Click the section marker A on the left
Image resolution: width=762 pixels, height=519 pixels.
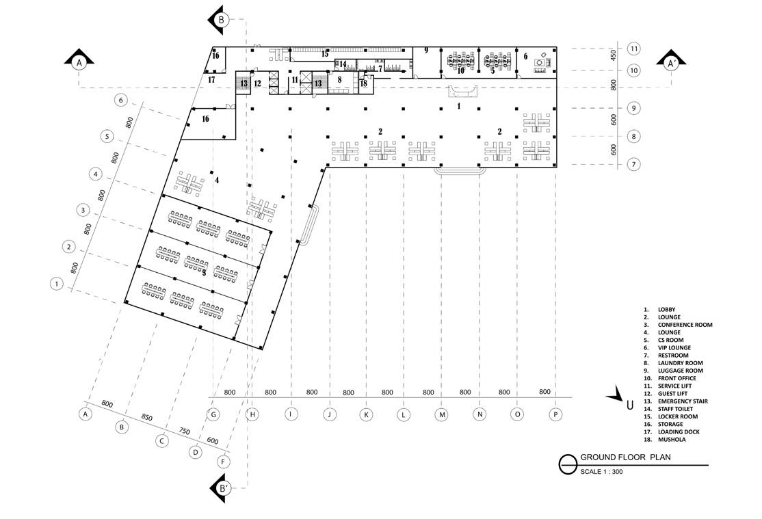click(79, 62)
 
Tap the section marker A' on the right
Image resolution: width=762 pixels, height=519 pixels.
click(672, 63)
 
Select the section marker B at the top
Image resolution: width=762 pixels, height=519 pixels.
click(221, 20)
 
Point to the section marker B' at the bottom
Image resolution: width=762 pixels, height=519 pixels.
click(223, 488)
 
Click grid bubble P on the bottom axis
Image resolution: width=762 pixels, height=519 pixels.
click(555, 414)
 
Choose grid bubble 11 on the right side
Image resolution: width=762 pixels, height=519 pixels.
click(634, 49)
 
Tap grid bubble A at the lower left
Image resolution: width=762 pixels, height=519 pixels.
click(86, 414)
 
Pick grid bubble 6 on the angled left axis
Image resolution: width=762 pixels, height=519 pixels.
click(121, 101)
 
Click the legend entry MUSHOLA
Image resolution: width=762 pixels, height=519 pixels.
click(673, 440)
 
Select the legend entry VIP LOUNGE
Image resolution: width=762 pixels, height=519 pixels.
click(674, 347)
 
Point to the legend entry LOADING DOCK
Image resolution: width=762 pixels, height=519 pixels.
click(679, 431)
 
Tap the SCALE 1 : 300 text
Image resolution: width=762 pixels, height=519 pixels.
click(601, 471)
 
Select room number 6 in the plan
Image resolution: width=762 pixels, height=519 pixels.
click(526, 57)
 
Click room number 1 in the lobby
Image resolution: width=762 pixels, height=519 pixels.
click(459, 106)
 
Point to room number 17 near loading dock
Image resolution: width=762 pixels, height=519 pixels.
click(211, 80)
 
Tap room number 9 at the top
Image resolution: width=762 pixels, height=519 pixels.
click(425, 50)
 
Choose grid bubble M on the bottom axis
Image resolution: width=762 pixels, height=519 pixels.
click(442, 414)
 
